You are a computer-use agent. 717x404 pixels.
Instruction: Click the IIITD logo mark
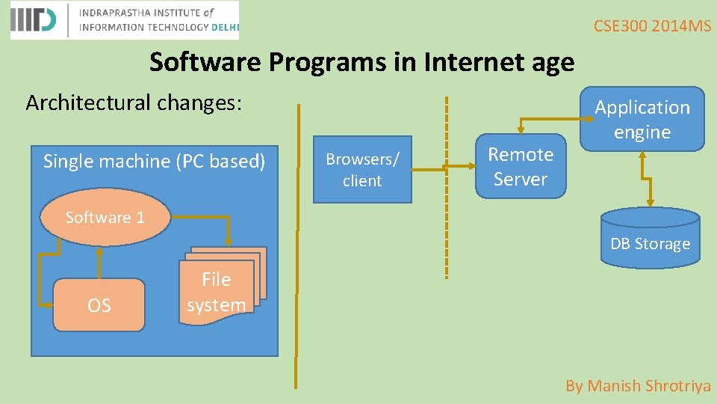(34, 20)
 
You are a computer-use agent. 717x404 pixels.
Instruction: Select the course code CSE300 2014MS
(652, 27)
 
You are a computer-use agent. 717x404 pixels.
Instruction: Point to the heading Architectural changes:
(134, 102)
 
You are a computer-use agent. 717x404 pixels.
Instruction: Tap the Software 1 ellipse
(105, 218)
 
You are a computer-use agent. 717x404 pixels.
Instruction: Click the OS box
(99, 305)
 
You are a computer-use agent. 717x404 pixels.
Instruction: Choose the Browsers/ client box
(362, 170)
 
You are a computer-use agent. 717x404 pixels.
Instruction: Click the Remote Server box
(521, 167)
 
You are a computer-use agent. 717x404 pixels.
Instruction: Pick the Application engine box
(642, 120)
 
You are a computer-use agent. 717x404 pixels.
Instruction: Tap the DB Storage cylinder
(651, 238)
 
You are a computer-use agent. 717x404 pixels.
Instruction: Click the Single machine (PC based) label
(154, 161)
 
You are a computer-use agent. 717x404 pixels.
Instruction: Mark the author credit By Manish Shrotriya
(638, 386)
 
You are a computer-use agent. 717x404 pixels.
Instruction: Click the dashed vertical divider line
(447, 187)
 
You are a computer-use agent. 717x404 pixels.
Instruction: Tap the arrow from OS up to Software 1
(99, 262)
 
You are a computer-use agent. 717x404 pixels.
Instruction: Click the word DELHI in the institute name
(224, 27)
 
